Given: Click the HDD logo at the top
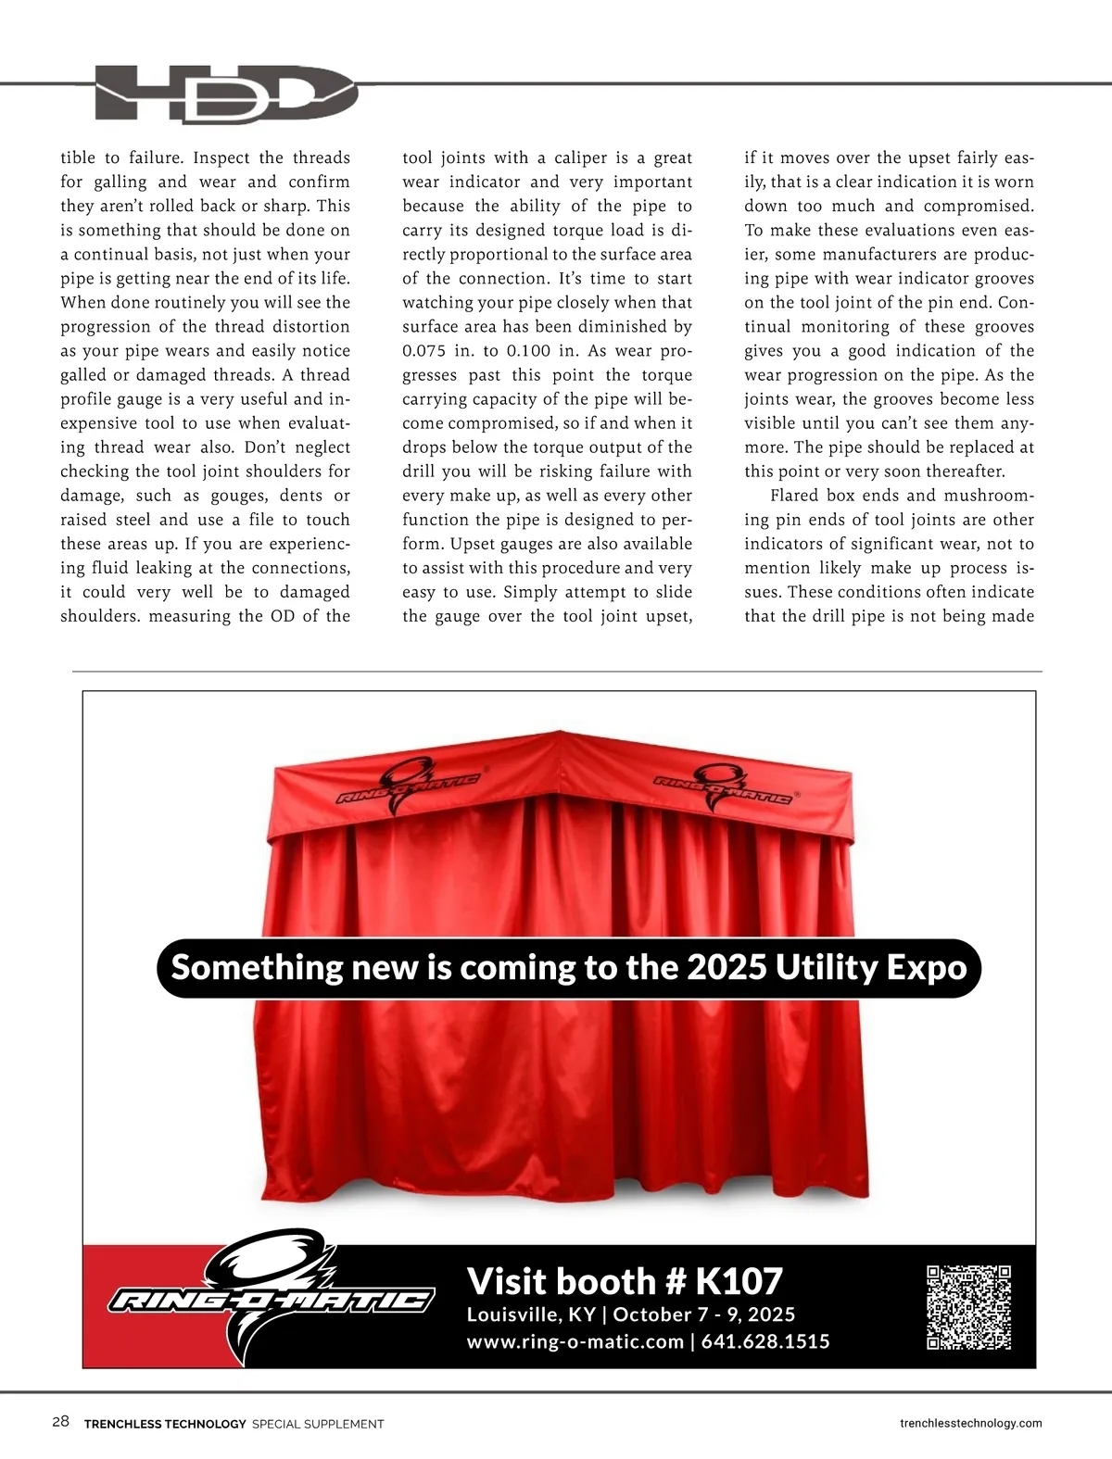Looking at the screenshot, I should (226, 94).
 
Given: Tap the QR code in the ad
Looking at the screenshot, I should (968, 1307).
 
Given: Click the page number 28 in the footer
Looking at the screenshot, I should (61, 1422).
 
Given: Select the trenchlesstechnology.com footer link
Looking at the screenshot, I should (970, 1423).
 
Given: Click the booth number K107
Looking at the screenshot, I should (739, 1281).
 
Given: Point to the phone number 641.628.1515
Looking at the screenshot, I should (765, 1341).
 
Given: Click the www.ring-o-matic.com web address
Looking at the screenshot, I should (575, 1341).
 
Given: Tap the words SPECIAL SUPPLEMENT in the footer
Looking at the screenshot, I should (318, 1424).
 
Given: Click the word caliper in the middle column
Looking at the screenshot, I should (580, 158).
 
